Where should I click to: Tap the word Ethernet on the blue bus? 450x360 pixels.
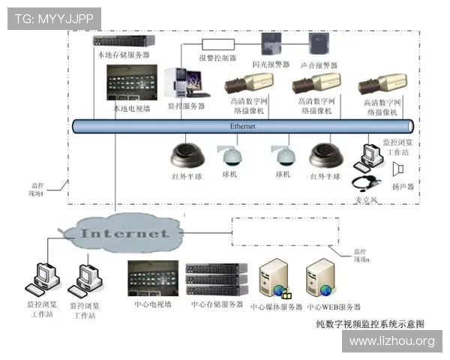242,127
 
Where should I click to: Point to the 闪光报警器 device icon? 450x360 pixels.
271,45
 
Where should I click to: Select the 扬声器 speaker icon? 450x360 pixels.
400,166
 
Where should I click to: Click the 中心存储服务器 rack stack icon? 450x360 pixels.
216,280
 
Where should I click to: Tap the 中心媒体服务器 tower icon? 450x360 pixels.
275,279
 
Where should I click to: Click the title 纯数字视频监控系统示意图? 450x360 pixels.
370,324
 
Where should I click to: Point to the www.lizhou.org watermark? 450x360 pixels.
391,341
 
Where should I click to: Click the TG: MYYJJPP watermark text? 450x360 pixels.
53,17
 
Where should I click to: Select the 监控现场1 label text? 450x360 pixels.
37,188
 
